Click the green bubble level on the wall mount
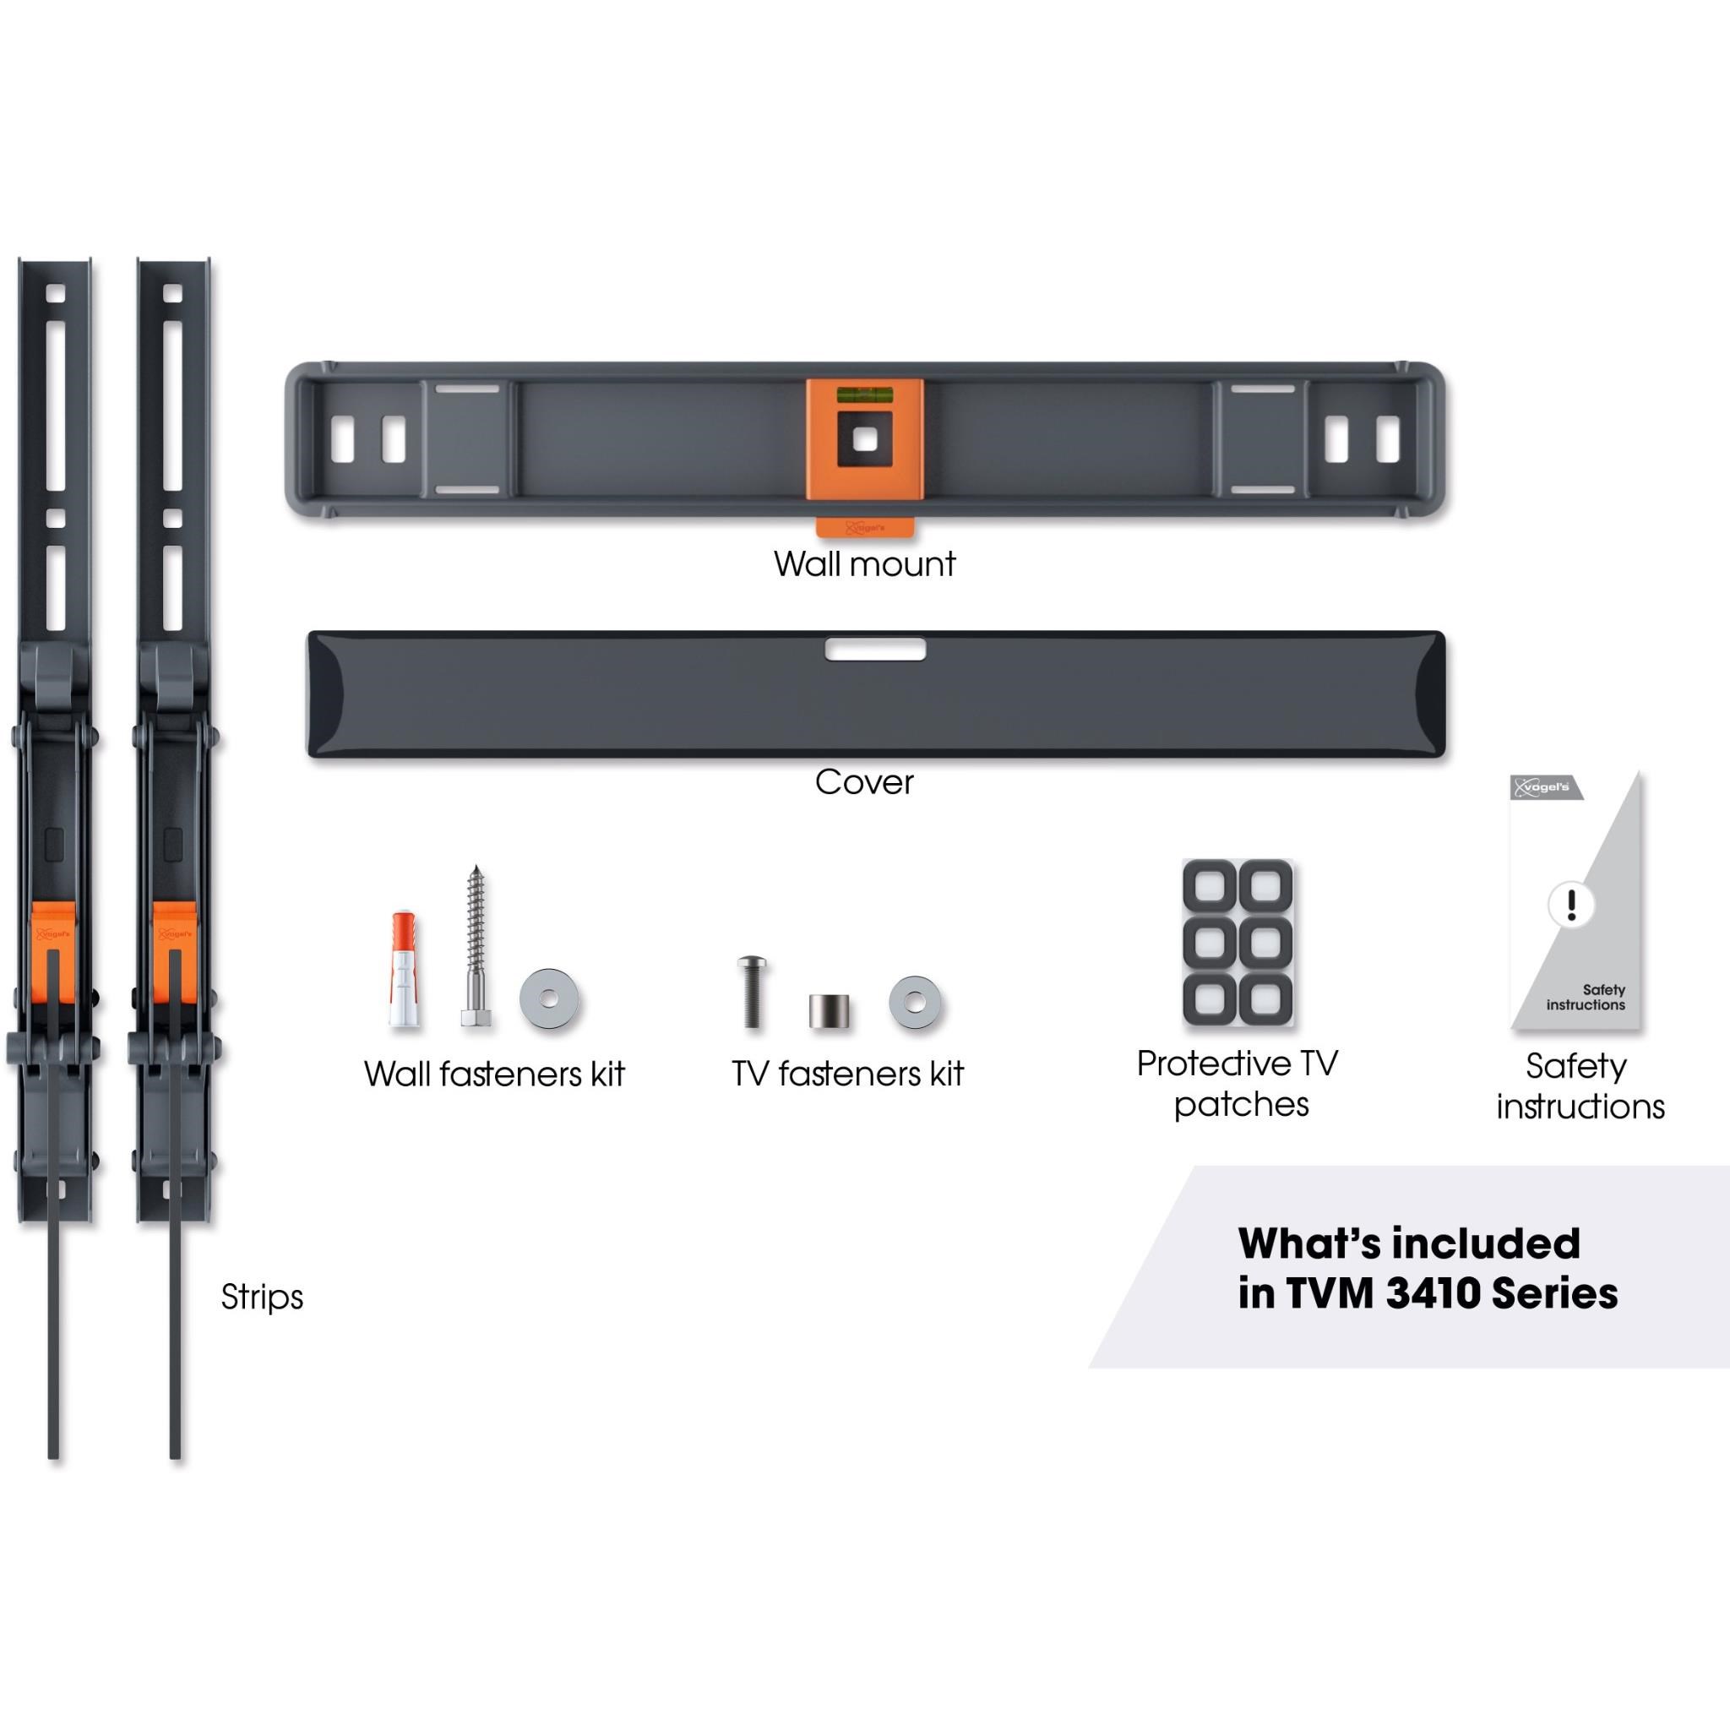864,393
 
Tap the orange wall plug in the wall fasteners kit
405,969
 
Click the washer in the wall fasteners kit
549,998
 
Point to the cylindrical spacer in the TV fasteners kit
830,1011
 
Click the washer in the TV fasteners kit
915,1001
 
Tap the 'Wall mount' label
865,564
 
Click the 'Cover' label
864,782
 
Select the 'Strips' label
263,1297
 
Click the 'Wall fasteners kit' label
494,1074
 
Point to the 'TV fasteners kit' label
847,1074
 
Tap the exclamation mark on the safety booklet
1570,905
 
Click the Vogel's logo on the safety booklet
1545,787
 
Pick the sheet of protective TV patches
1238,944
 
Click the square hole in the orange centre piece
864,439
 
